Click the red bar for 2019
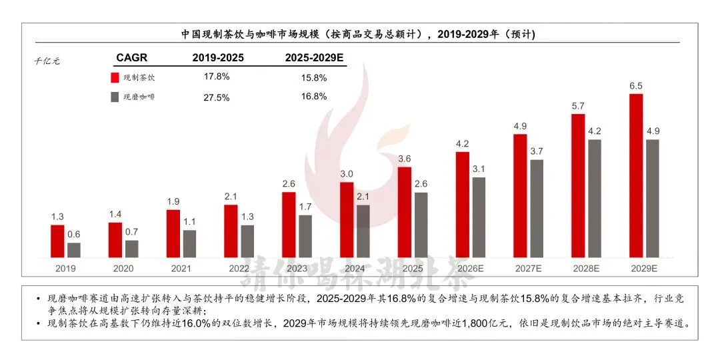coord(57,241)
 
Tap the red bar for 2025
coord(404,212)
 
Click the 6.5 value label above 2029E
coord(636,86)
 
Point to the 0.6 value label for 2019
coord(74,234)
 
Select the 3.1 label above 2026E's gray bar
coord(479,169)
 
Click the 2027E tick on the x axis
coord(529,269)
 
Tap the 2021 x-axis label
coord(181,269)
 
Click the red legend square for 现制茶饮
coord(115,77)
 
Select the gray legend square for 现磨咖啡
coord(115,97)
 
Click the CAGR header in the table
coord(131,58)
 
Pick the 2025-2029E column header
coord(314,58)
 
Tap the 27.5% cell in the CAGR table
coord(217,97)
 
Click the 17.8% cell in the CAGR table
coord(217,77)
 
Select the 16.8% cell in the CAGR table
coord(314,97)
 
